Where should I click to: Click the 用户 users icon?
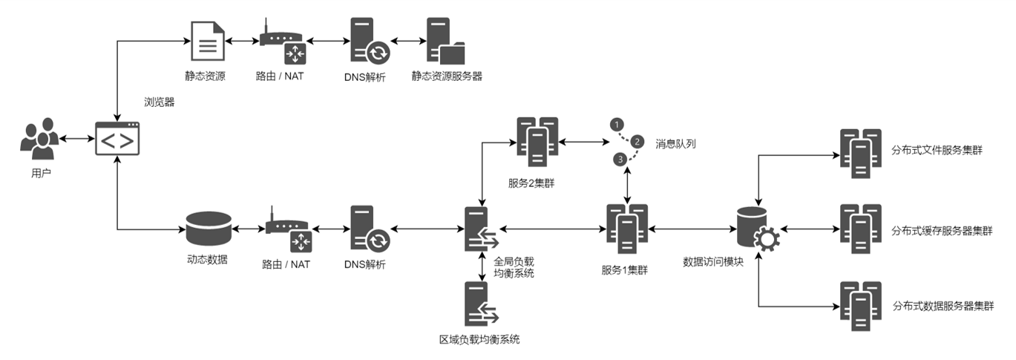[x=39, y=139]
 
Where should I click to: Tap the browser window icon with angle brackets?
[x=117, y=139]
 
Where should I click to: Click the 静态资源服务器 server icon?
[x=445, y=41]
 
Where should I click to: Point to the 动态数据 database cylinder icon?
[x=209, y=229]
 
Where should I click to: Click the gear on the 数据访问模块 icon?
[x=764, y=239]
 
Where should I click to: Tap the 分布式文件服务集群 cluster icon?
[x=860, y=154]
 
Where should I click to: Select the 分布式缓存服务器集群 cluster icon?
[x=860, y=229]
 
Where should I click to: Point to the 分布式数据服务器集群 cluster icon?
[x=860, y=306]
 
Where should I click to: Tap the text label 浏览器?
[x=159, y=102]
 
